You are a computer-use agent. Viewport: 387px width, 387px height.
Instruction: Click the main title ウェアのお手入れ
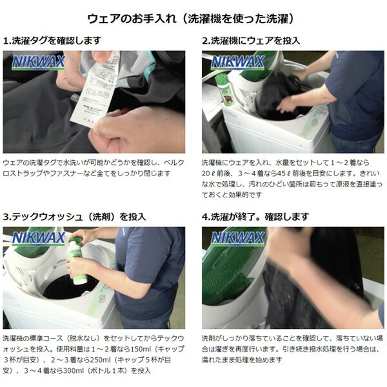point(132,19)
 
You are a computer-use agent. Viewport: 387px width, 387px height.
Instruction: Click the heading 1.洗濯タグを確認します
point(52,41)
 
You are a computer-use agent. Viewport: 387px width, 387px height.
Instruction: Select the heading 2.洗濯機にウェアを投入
point(251,41)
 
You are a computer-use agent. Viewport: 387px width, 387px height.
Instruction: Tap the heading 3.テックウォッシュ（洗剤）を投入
point(75,217)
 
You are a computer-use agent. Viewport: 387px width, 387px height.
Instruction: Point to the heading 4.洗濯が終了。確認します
point(255,217)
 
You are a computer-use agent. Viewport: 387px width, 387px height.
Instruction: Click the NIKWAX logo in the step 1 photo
point(38,63)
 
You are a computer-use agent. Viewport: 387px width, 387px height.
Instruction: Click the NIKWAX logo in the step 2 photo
point(237,63)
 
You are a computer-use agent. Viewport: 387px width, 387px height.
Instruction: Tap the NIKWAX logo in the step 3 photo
point(38,239)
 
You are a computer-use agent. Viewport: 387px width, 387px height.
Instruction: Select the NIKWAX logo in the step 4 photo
point(237,239)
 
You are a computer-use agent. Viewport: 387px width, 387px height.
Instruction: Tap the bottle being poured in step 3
point(77,262)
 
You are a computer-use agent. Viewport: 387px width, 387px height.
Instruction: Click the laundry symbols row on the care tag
point(97,93)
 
